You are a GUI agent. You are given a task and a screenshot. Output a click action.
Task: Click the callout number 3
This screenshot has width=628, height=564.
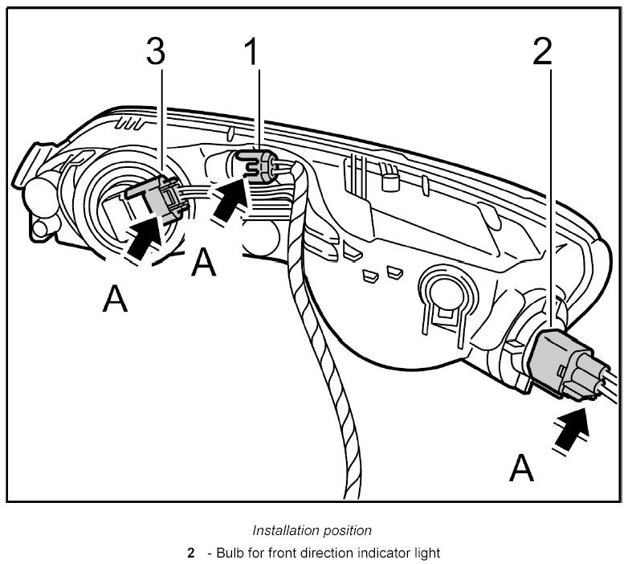click(156, 53)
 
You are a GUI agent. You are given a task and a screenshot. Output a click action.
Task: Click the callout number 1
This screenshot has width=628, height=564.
click(252, 53)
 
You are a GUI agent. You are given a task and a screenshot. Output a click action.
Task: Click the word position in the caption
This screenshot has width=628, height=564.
click(348, 530)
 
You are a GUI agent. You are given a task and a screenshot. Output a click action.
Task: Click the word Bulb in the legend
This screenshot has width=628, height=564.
click(229, 553)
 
